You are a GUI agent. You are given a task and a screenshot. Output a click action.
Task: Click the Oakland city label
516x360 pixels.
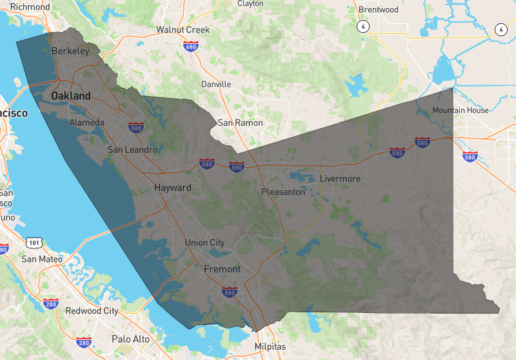pos(71,95)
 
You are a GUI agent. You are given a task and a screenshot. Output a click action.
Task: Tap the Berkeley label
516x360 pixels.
pos(70,50)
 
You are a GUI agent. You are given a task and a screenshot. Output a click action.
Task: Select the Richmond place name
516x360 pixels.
pos(30,7)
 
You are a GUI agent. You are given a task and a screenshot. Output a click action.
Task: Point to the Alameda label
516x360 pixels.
pos(86,123)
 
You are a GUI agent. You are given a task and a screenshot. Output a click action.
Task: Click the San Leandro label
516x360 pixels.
pos(132,150)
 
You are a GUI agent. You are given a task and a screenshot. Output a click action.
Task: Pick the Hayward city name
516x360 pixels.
pos(172,188)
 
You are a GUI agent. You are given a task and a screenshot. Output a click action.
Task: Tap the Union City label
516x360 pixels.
pos(204,243)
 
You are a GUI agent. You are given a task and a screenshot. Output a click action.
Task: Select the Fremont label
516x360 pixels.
pos(222,269)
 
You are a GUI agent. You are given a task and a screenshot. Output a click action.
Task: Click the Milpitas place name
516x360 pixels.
pos(270,346)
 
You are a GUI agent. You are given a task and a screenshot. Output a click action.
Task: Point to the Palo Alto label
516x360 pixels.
pos(130,339)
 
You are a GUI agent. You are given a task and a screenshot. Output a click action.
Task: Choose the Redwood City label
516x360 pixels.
pos(92,311)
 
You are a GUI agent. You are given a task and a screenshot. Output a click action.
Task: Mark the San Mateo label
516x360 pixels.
pos(42,259)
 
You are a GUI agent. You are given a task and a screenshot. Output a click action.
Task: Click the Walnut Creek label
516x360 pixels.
pos(183,30)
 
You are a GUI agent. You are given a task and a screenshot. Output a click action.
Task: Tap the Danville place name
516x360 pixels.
pos(216,85)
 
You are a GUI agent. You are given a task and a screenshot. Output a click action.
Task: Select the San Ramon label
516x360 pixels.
pos(240,123)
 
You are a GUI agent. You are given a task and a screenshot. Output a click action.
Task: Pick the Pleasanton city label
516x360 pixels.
pos(283,192)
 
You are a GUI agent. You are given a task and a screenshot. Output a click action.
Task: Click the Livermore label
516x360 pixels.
pos(340,179)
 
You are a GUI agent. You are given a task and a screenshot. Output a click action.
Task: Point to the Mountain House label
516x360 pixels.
pos(461,110)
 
